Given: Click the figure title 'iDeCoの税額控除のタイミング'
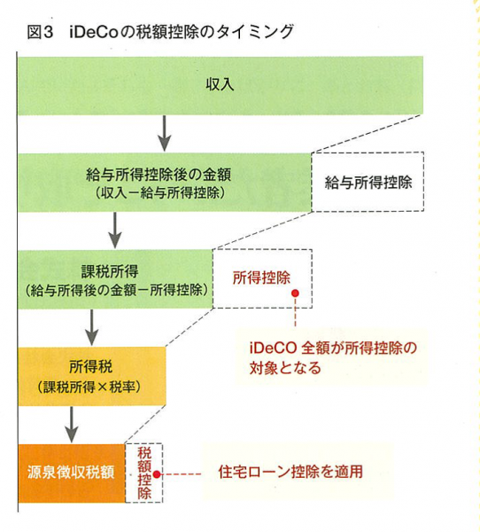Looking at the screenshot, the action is click(x=181, y=32).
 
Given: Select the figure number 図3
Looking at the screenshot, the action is click(x=41, y=33).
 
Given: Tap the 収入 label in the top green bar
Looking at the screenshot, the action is click(x=220, y=84).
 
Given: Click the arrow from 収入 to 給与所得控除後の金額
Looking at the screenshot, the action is click(x=165, y=133).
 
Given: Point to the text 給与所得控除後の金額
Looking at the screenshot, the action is click(x=159, y=175).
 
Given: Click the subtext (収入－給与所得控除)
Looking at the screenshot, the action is click(x=159, y=193).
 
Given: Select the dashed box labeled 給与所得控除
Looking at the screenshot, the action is click(x=368, y=182).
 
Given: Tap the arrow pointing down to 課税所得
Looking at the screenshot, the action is click(x=115, y=231).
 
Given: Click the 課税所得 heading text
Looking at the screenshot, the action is click(x=110, y=272).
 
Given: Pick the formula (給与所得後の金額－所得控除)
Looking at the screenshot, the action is click(x=116, y=290).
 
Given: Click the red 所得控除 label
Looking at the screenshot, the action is click(x=261, y=278).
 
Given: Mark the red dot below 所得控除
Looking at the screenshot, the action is click(x=295, y=293).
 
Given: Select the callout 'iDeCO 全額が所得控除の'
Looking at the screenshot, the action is click(x=333, y=348).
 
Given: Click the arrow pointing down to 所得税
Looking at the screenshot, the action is click(x=91, y=327).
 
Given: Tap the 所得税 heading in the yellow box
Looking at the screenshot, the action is click(x=90, y=367).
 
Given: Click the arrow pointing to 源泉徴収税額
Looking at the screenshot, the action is click(x=71, y=425).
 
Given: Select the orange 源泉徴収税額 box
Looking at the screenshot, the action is click(x=72, y=473).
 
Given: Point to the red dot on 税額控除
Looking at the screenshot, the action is click(x=157, y=474).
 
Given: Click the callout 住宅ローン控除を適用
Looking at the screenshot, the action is click(x=290, y=472).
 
